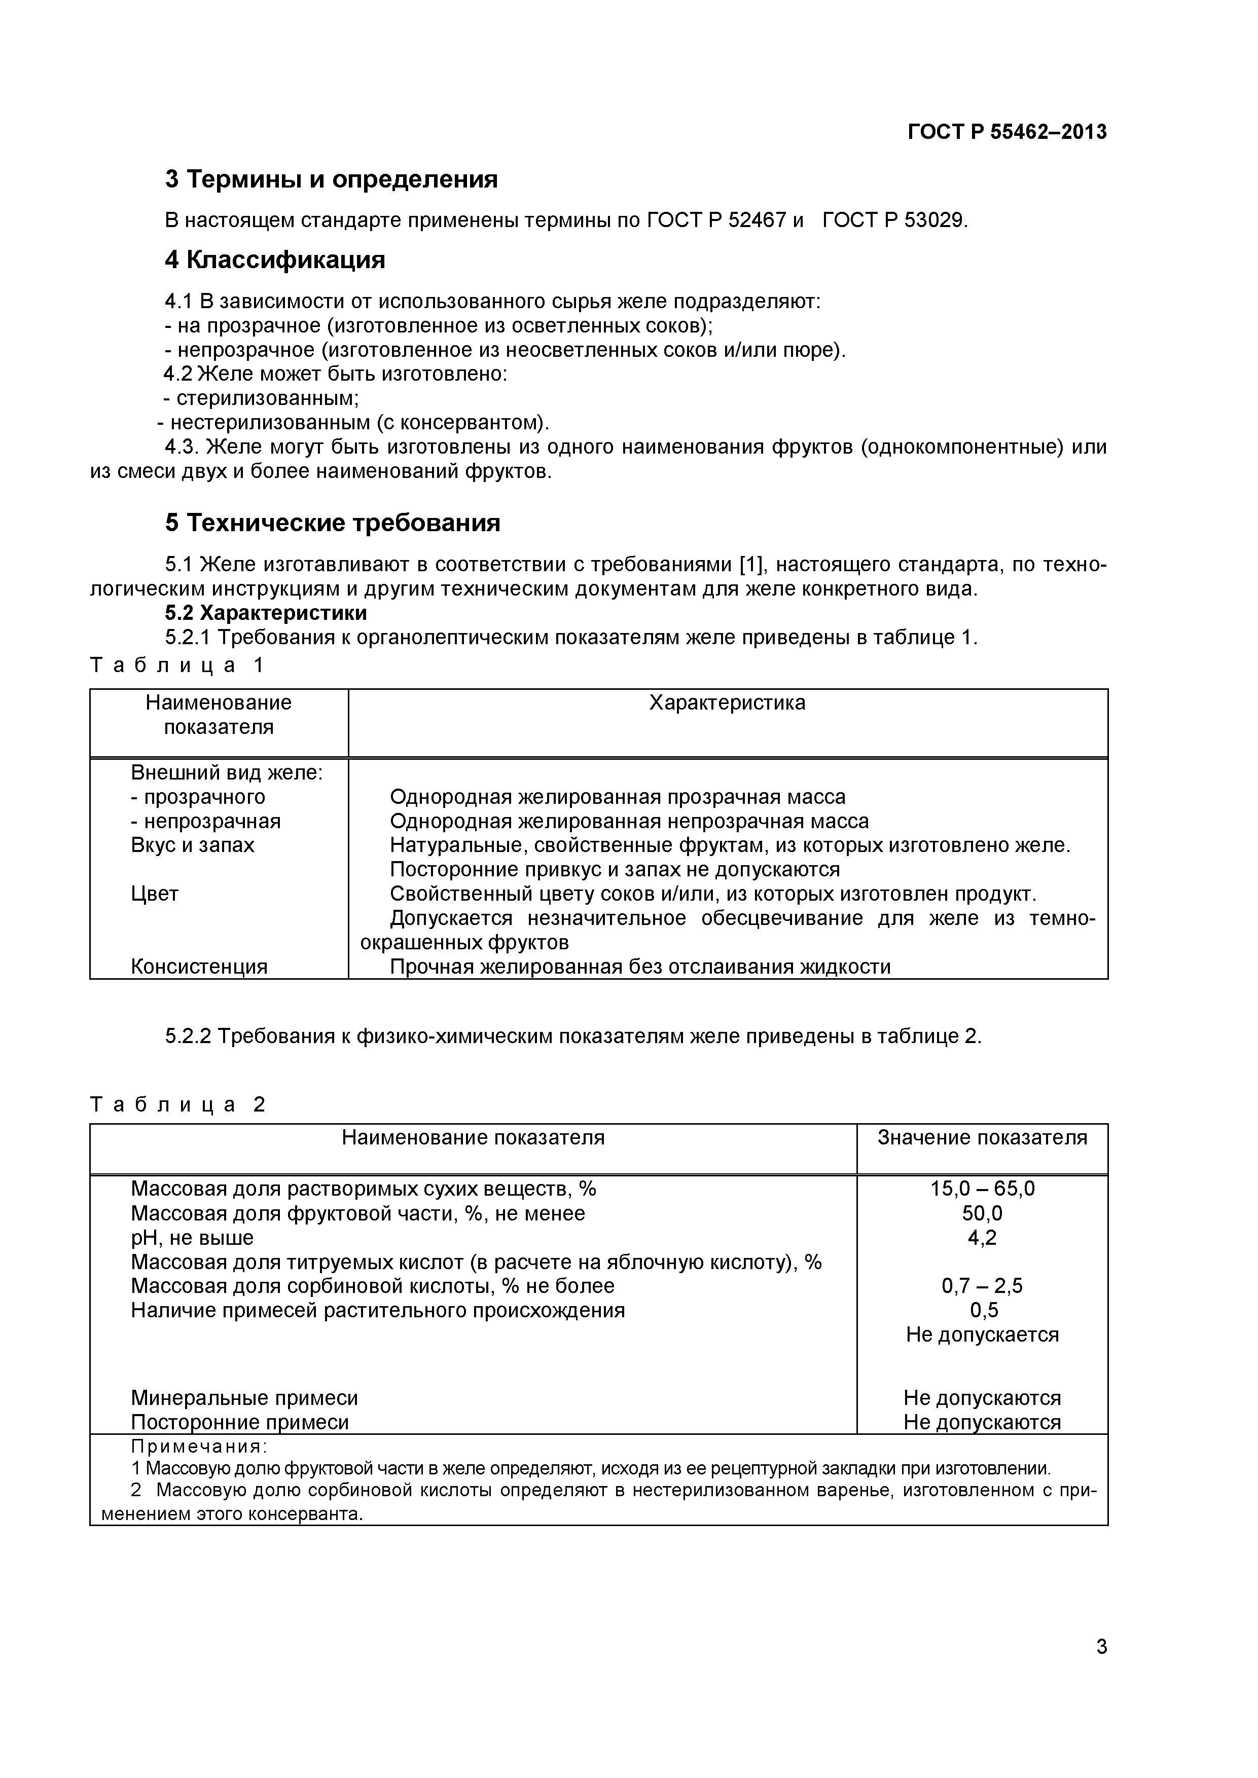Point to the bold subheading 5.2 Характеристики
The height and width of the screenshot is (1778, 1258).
click(x=266, y=613)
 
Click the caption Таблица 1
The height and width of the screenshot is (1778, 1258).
click(x=177, y=664)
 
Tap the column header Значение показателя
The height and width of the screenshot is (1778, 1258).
click(x=982, y=1137)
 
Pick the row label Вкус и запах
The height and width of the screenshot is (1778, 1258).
click(x=192, y=845)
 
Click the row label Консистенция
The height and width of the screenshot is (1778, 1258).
click(x=199, y=967)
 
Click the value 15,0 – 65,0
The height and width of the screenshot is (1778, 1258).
click(x=982, y=1189)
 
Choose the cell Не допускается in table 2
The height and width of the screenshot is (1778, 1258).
click(x=982, y=1335)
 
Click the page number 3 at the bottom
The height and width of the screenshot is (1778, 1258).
click(x=1101, y=1668)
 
